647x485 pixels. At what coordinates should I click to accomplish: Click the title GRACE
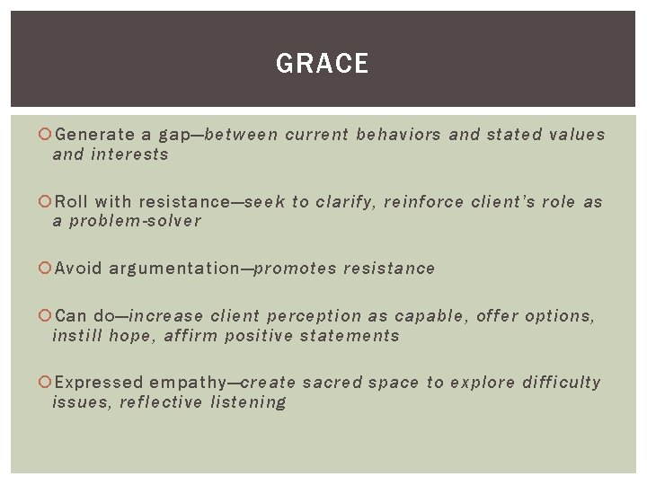pyautogui.click(x=323, y=64)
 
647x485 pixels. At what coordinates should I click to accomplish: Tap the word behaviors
pyautogui.click(x=398, y=135)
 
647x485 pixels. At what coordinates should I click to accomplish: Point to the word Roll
pyautogui.click(x=72, y=202)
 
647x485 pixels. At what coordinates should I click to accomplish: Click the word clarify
pyautogui.click(x=342, y=202)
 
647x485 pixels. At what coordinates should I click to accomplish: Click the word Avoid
pyautogui.click(x=77, y=269)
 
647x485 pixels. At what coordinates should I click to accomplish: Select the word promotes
pyautogui.click(x=294, y=269)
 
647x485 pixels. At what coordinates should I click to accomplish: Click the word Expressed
pyautogui.click(x=99, y=383)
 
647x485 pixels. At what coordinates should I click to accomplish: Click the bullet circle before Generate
pyautogui.click(x=46, y=136)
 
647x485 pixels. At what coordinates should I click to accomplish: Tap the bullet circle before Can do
pyautogui.click(x=46, y=316)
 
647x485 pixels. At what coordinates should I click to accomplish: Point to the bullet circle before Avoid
pyautogui.click(x=46, y=269)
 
